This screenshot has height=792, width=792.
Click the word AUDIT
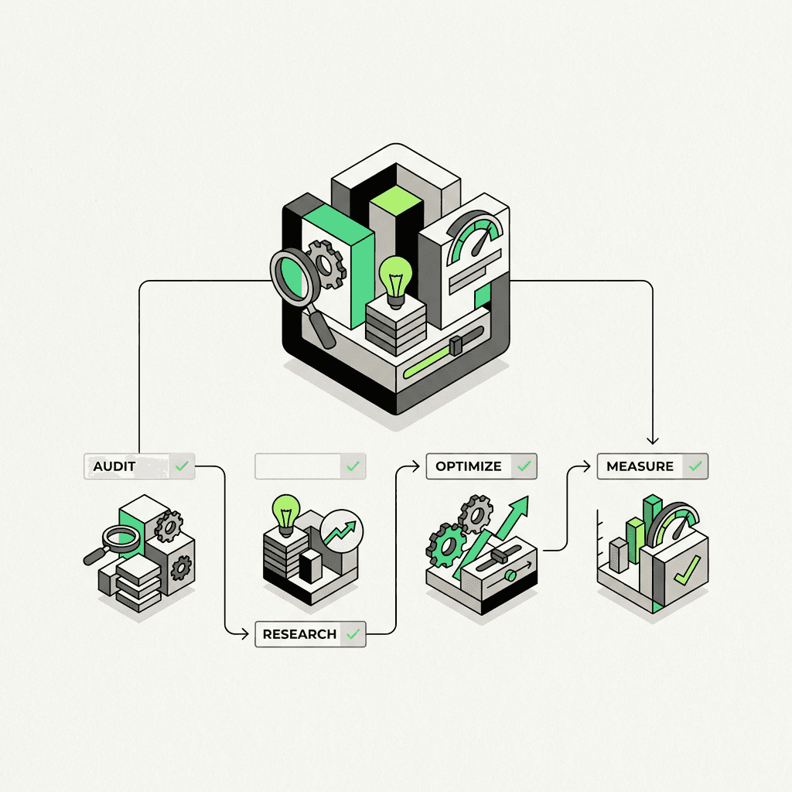coord(114,466)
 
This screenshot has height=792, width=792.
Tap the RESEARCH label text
coord(299,634)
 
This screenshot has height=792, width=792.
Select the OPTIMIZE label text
coord(469,466)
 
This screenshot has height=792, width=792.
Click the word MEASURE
coord(640,466)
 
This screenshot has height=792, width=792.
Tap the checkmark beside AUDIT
coord(182,466)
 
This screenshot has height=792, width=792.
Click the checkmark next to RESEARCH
coord(353,634)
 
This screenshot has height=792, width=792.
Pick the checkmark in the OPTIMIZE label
coord(524,466)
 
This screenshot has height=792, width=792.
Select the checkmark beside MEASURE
coord(695,466)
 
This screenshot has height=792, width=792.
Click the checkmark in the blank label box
coord(353,466)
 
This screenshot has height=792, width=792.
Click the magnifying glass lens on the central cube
coord(292,273)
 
